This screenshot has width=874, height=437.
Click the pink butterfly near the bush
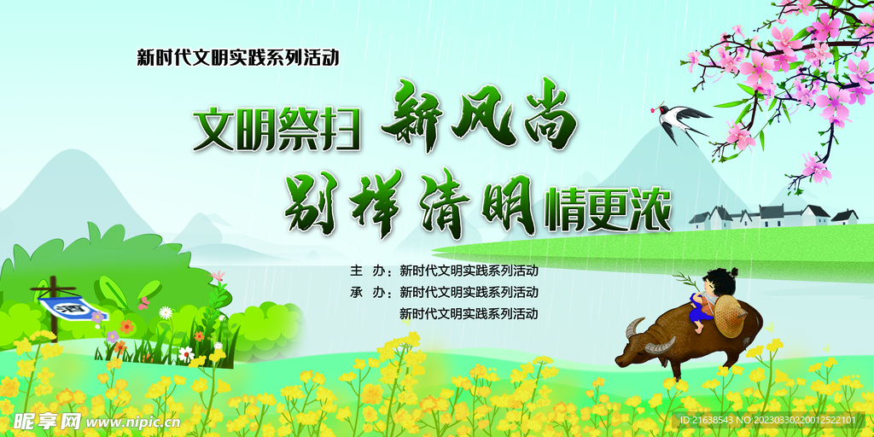point(143,302)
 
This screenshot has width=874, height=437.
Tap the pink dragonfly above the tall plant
point(218,276)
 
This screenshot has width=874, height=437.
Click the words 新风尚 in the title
point(481,121)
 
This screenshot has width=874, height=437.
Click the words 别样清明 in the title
point(409,201)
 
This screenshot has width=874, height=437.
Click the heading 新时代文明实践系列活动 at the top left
point(238,57)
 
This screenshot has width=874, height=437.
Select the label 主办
point(368,271)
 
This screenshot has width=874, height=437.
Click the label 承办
point(368,292)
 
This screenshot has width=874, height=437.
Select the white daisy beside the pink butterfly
point(166,312)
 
